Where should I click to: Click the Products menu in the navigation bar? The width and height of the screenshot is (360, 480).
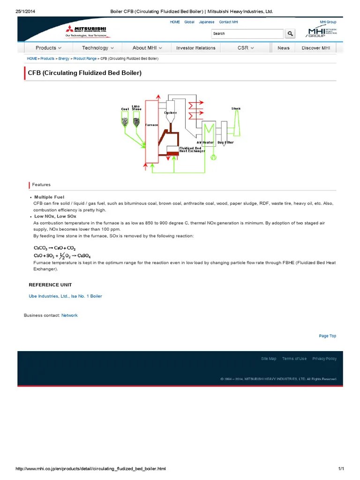point(48,48)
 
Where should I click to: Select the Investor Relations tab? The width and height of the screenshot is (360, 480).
point(195,48)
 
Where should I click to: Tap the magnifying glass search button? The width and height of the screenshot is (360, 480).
point(290,33)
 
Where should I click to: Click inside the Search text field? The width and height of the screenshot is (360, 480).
point(247,33)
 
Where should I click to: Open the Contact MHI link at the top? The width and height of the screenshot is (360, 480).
point(228,22)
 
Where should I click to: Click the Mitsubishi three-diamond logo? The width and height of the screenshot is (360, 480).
point(72,30)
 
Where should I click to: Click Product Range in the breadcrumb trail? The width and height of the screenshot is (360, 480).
point(85,59)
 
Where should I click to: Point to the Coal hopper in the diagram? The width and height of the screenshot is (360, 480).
point(125,122)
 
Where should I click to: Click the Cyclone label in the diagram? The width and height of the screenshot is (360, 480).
point(170,113)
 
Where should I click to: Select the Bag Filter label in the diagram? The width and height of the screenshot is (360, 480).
point(225,142)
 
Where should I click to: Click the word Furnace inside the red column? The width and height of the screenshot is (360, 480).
point(151,125)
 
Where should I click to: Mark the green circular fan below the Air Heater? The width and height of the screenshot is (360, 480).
point(213,157)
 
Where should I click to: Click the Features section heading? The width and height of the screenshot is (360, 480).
point(41,185)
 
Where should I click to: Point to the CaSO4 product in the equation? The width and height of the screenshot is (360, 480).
point(84,256)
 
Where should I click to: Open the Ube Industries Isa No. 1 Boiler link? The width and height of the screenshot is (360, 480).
point(65,296)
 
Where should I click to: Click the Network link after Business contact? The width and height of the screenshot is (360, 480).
point(69,315)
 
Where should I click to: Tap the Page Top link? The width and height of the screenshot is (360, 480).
point(327,336)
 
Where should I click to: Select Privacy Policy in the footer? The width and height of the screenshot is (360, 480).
point(324,359)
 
